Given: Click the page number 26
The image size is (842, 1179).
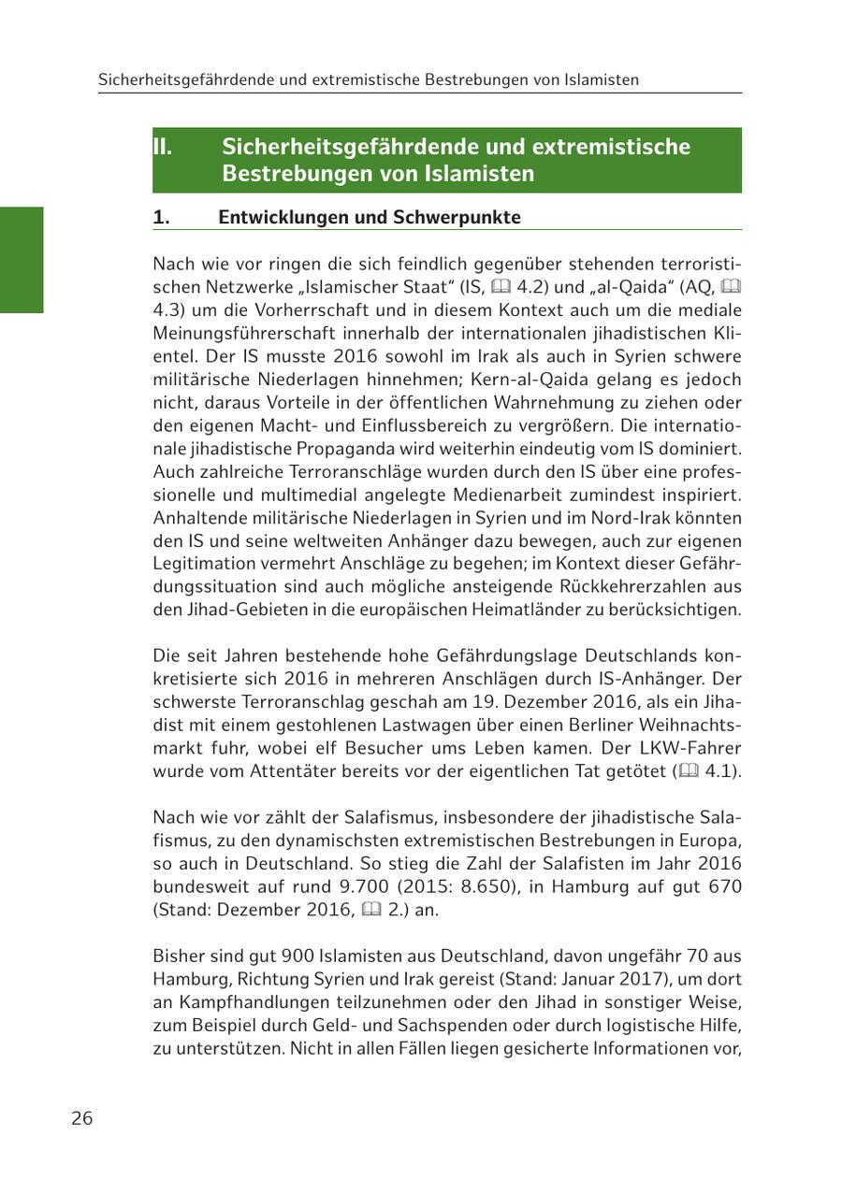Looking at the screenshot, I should pyautogui.click(x=82, y=1118).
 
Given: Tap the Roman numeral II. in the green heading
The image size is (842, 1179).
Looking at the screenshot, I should pyautogui.click(x=163, y=147).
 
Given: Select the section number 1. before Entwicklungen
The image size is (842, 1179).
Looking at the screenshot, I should pyautogui.click(x=162, y=218).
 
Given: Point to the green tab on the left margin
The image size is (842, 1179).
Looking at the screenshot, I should pyautogui.click(x=22, y=260).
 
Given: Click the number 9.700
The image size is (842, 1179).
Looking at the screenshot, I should pyautogui.click(x=399, y=886).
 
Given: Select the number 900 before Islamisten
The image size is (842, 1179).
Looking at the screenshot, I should pyautogui.click(x=258, y=956).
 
